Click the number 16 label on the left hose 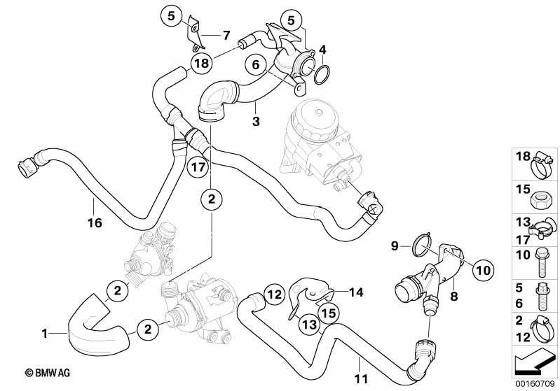click(x=94, y=223)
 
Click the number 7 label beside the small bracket click(x=226, y=35)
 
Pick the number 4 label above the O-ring click(x=322, y=50)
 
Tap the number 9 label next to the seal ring click(x=394, y=246)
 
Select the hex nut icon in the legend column click(x=542, y=197)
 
